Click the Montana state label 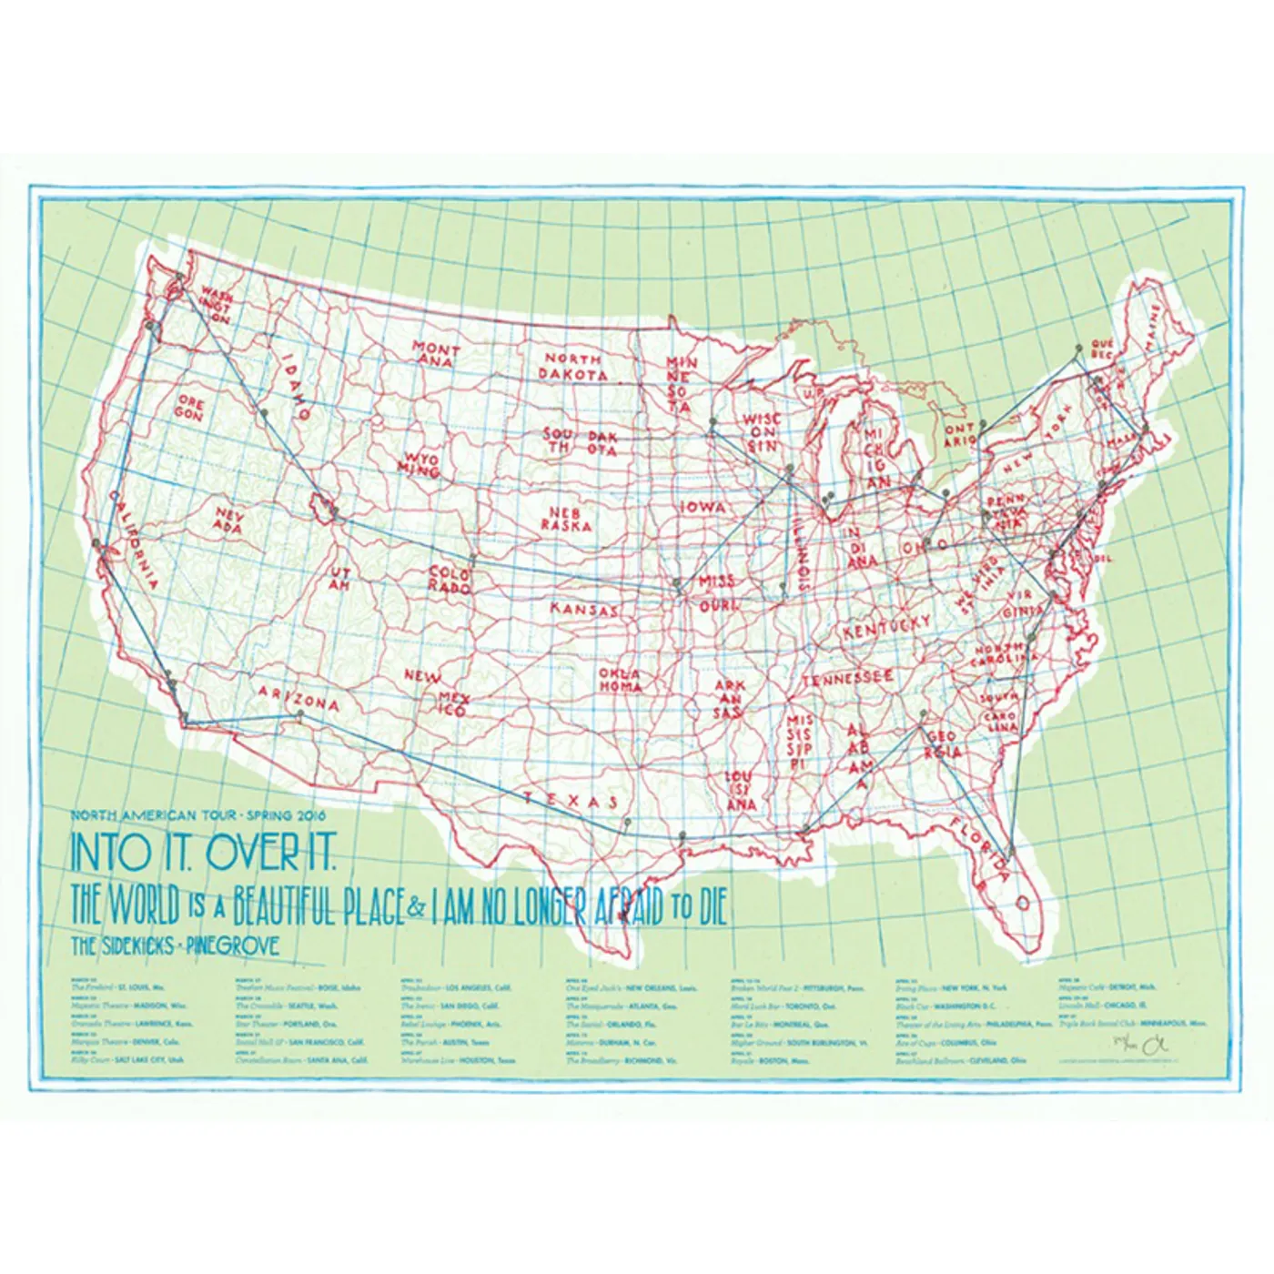click(x=436, y=354)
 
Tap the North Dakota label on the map click(x=574, y=367)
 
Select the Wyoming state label click(x=420, y=462)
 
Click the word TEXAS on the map click(x=570, y=800)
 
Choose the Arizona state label click(x=299, y=698)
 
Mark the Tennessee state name click(x=847, y=679)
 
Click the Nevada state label click(x=229, y=521)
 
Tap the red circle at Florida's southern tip click(x=1020, y=903)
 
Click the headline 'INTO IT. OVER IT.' click(x=204, y=853)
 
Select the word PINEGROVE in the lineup click(x=232, y=945)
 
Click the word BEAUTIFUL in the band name click(x=318, y=906)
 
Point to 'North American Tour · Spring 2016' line click(x=197, y=814)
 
